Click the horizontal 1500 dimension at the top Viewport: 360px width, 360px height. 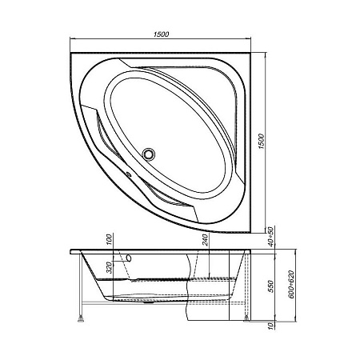point(162,34)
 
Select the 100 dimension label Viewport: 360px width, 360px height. point(110,242)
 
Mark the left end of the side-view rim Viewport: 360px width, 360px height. point(71,250)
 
